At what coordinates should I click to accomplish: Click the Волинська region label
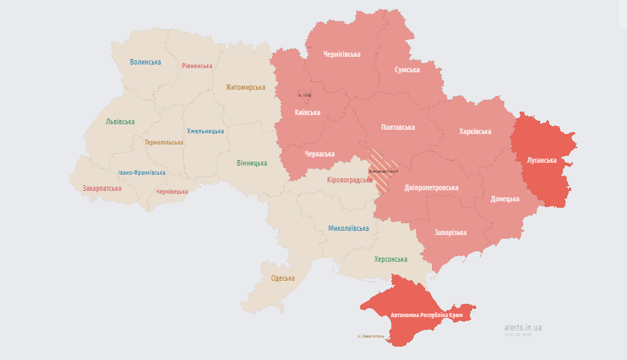coord(145,62)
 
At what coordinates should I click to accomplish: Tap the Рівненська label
coord(196,66)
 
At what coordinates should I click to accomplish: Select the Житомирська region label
coord(245,87)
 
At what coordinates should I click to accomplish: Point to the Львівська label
coord(120,121)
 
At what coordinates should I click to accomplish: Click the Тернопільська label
coord(163,142)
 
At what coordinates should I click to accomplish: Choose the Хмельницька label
coord(205,131)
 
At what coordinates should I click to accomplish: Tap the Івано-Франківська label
coord(142,173)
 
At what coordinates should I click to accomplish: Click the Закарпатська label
coord(102,188)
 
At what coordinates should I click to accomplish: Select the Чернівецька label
coord(172,192)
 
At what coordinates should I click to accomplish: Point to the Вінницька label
coord(252,164)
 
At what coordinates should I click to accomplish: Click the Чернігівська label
coord(342,54)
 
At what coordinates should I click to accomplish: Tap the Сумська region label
coord(407,69)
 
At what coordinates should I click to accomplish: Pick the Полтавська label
coord(398,127)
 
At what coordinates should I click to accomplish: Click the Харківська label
coord(475,131)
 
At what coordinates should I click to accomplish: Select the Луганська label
coord(541,160)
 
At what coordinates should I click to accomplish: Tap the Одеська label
coord(283,278)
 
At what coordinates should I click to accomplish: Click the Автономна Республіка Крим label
coord(427,316)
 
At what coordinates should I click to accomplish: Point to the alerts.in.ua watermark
coord(522,328)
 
